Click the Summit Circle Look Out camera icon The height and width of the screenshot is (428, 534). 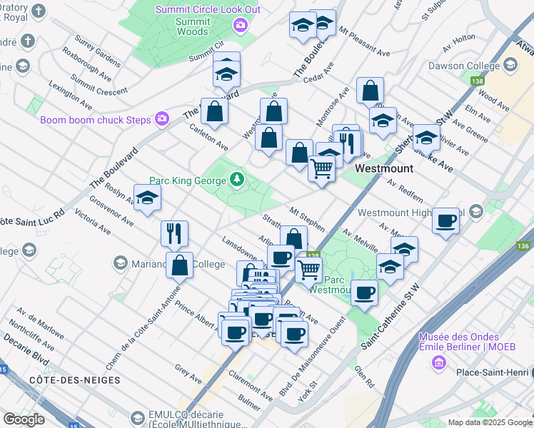(240, 26)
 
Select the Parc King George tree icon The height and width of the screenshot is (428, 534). (236, 180)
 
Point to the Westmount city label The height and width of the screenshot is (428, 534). (384, 168)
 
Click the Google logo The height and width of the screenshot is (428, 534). (24, 419)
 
